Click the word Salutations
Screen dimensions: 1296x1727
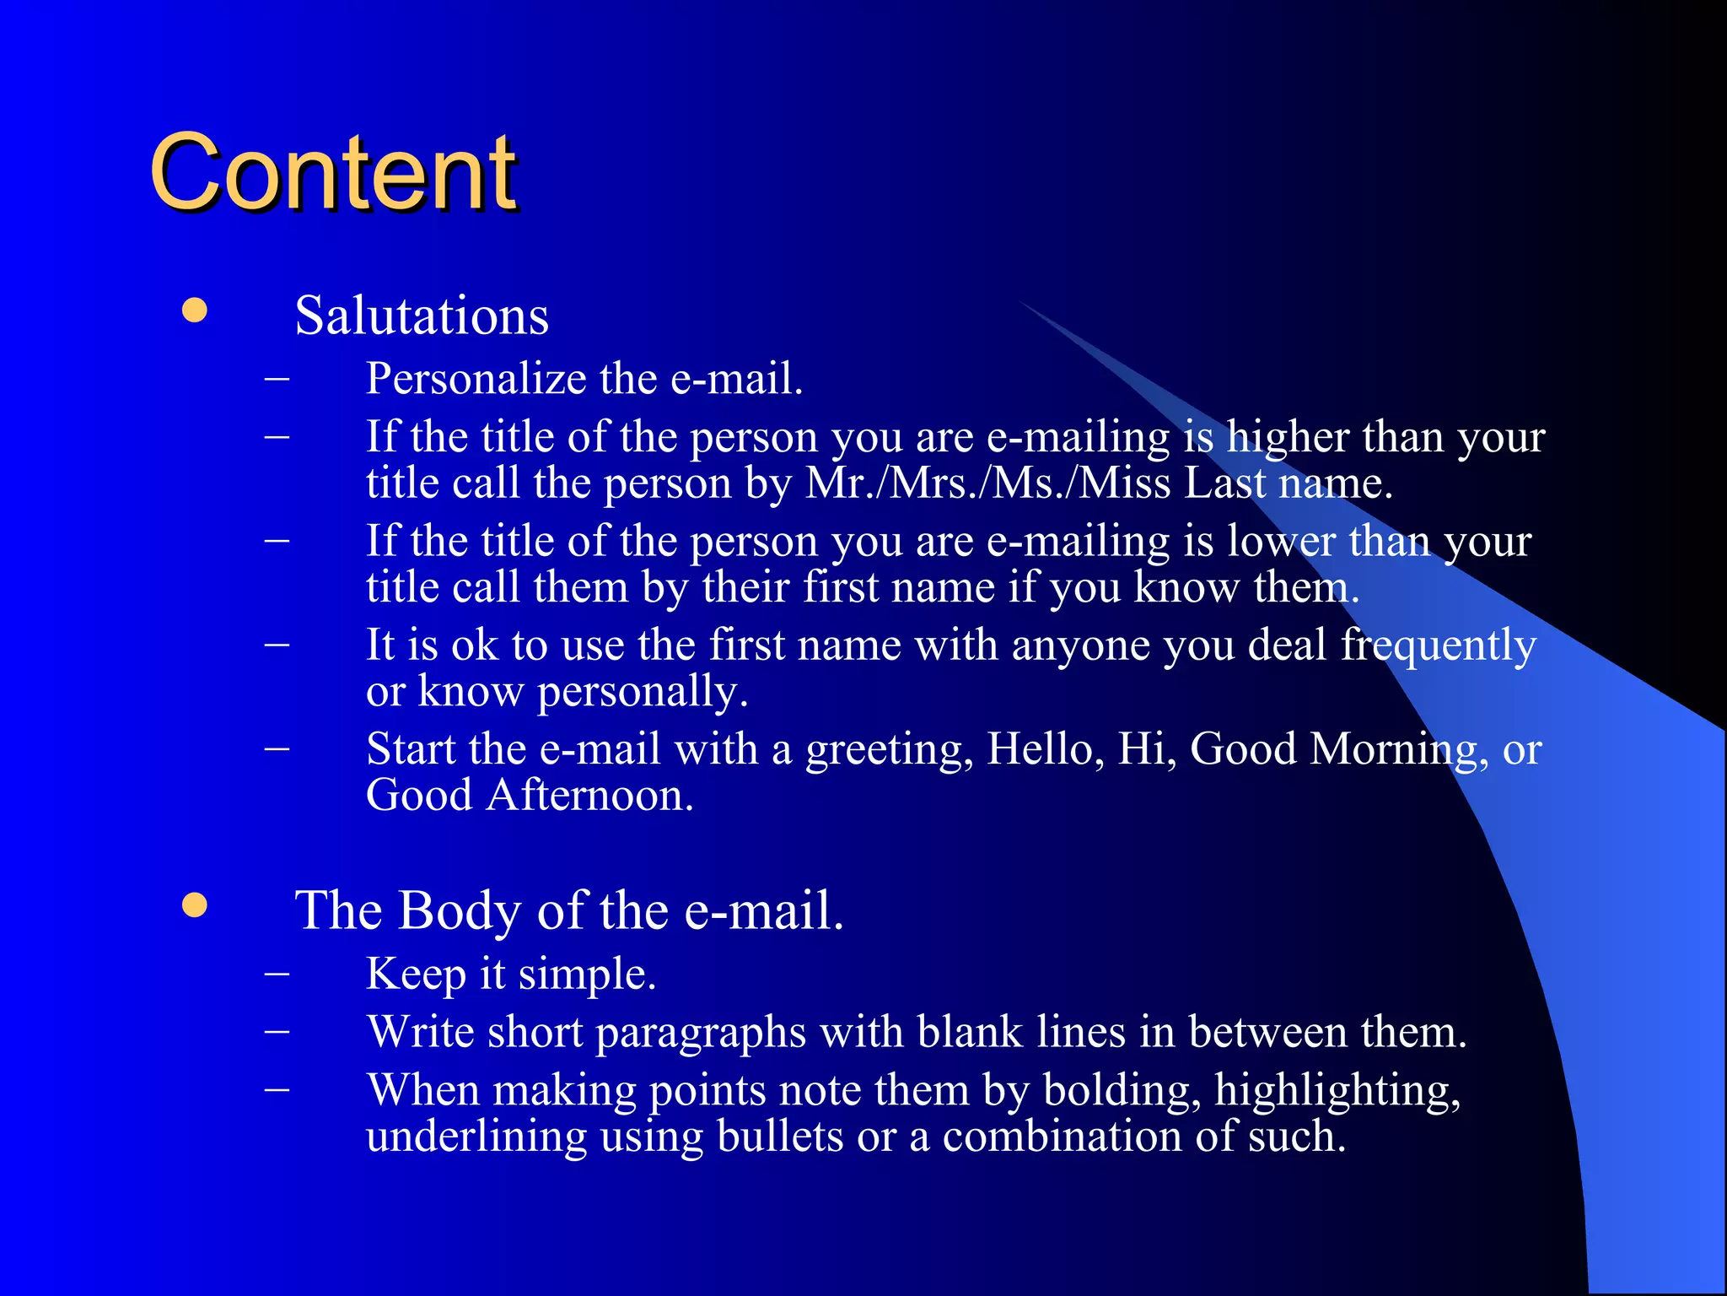[x=422, y=316]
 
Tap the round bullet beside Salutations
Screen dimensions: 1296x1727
[x=195, y=310]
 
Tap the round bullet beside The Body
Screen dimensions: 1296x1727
[x=195, y=906]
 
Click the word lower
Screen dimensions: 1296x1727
[x=1281, y=541]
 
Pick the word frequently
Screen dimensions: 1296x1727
[x=1439, y=645]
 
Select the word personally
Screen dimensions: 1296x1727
[x=642, y=692]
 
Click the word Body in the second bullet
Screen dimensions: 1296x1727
[x=460, y=910]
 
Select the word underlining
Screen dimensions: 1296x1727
[x=476, y=1137]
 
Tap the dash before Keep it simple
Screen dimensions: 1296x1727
[x=277, y=974]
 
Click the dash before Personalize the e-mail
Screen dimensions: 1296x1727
[x=277, y=378]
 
